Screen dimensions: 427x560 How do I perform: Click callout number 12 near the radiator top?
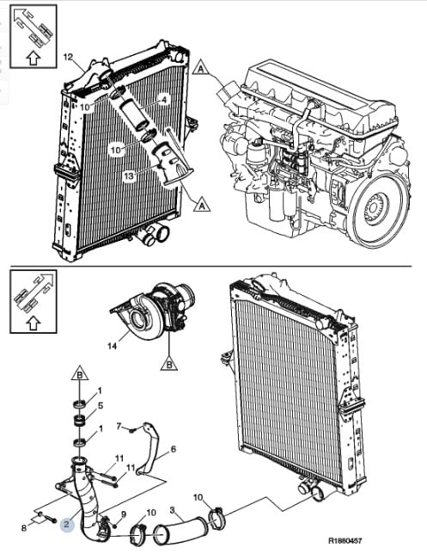pos(68,57)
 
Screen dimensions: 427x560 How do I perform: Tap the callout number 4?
pos(164,100)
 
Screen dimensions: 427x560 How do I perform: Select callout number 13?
pos(129,175)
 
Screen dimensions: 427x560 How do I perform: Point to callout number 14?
pos(112,346)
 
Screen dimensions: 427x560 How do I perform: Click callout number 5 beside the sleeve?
pos(101,406)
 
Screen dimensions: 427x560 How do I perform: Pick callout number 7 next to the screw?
pos(120,426)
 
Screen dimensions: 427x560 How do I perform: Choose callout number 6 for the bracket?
pos(174,448)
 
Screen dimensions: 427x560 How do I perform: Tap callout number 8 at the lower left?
pos(24,528)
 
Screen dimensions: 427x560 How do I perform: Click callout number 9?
pos(124,514)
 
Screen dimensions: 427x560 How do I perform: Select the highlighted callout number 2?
pos(67,524)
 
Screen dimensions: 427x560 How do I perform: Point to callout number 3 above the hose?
pos(173,509)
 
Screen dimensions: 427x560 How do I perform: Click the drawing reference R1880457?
pos(345,541)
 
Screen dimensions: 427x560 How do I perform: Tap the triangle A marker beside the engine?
pos(201,67)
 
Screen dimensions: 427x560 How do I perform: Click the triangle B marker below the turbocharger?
pos(169,364)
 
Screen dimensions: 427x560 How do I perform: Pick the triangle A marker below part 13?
pos(202,205)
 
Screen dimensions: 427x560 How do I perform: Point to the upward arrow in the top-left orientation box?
pos(34,58)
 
